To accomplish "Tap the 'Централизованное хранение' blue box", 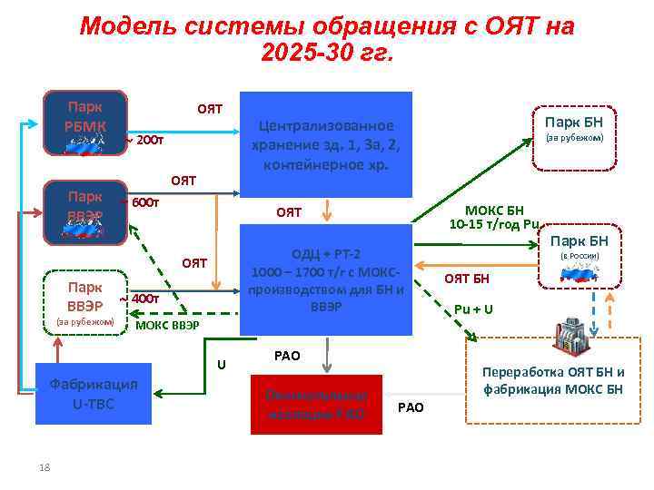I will (x=325, y=144).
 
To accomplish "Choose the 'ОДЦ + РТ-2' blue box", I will (x=325, y=279).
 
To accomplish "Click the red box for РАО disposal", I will (x=315, y=404).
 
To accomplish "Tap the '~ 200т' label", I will (x=144, y=141).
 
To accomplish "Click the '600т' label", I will (x=145, y=202).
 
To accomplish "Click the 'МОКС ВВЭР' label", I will (x=167, y=325).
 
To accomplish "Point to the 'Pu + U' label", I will (x=474, y=309).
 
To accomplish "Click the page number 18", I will (x=44, y=466).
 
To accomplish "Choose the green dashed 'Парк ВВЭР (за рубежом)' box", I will (x=84, y=299).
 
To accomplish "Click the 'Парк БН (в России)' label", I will (x=579, y=247).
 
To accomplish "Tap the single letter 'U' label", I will (x=221, y=365).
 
